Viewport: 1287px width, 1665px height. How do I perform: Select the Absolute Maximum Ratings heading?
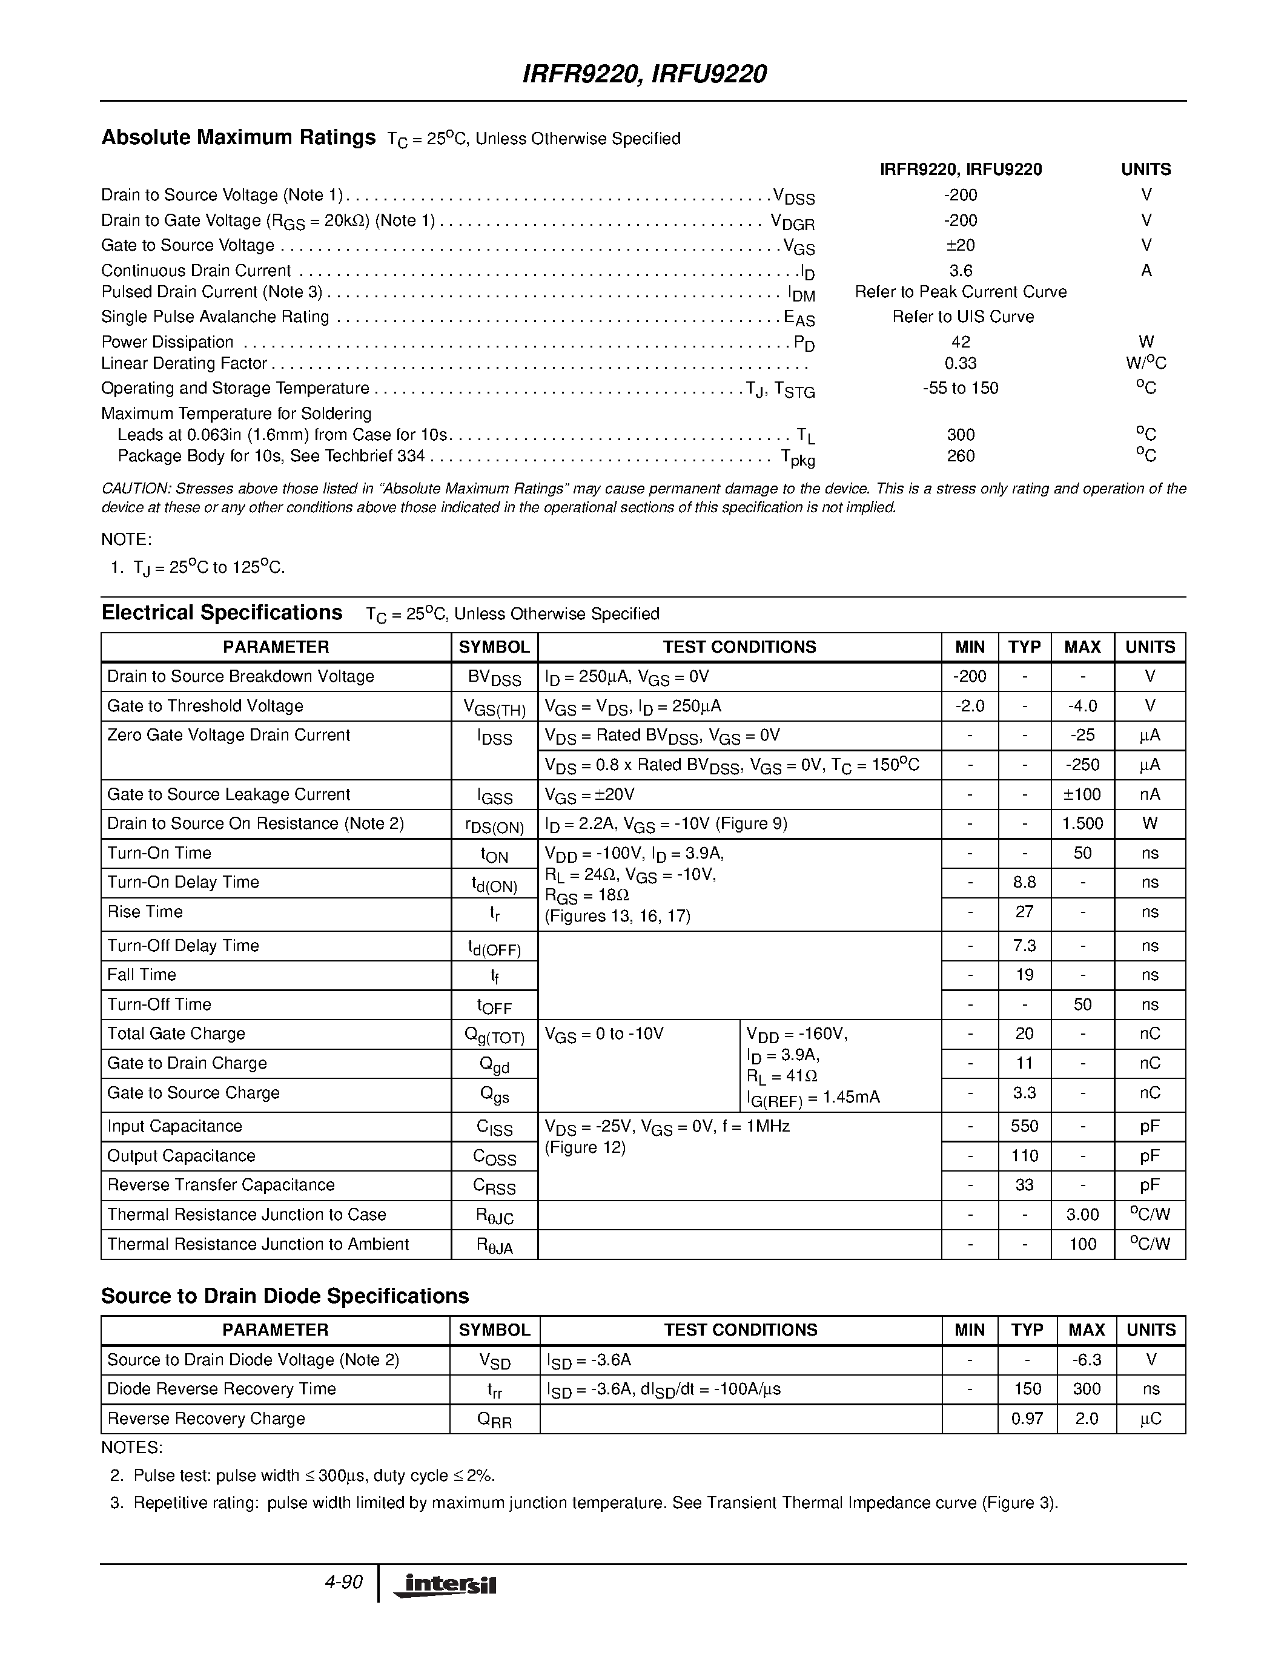[238, 138]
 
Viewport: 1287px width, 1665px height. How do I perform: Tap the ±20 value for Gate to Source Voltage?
[960, 245]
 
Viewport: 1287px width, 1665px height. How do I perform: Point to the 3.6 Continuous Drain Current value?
[960, 271]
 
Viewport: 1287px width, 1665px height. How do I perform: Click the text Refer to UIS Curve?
[963, 317]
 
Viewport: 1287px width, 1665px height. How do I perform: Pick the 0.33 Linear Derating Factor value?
[960, 364]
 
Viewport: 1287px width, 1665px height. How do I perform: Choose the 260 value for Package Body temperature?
[960, 456]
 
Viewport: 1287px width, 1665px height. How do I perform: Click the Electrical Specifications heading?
[222, 613]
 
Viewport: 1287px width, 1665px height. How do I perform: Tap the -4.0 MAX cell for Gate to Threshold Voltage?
[1082, 707]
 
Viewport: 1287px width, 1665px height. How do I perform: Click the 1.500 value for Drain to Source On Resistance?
[1082, 824]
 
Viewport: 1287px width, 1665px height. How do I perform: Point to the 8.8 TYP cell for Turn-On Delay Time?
[1024, 883]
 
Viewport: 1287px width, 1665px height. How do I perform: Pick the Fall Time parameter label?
[142, 975]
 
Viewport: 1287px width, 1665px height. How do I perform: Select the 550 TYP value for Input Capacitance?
[1024, 1127]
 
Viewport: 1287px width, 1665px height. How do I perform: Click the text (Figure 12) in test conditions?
[585, 1148]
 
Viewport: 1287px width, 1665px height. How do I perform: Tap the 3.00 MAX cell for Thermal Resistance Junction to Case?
[1082, 1215]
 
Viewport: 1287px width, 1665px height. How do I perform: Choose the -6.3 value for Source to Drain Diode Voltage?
[1086, 1360]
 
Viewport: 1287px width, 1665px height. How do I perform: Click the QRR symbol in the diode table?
[494, 1420]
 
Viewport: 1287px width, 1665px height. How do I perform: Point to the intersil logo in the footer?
[444, 1586]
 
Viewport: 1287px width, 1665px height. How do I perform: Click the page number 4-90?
[343, 1583]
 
